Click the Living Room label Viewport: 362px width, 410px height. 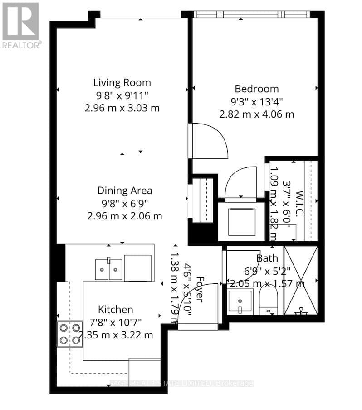click(x=122, y=83)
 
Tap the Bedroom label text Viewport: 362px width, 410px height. click(x=256, y=89)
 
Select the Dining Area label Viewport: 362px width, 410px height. click(x=124, y=191)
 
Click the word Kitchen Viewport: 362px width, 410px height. click(x=116, y=310)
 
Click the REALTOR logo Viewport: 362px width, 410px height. click(x=21, y=25)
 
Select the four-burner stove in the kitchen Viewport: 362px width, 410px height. click(x=70, y=334)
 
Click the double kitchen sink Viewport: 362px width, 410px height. click(x=108, y=269)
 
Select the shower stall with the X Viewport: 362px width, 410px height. click(x=301, y=281)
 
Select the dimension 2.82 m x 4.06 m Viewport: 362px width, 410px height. click(x=256, y=114)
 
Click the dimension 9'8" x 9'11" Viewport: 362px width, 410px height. click(x=122, y=95)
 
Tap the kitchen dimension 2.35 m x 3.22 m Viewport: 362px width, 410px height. click(x=116, y=335)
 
